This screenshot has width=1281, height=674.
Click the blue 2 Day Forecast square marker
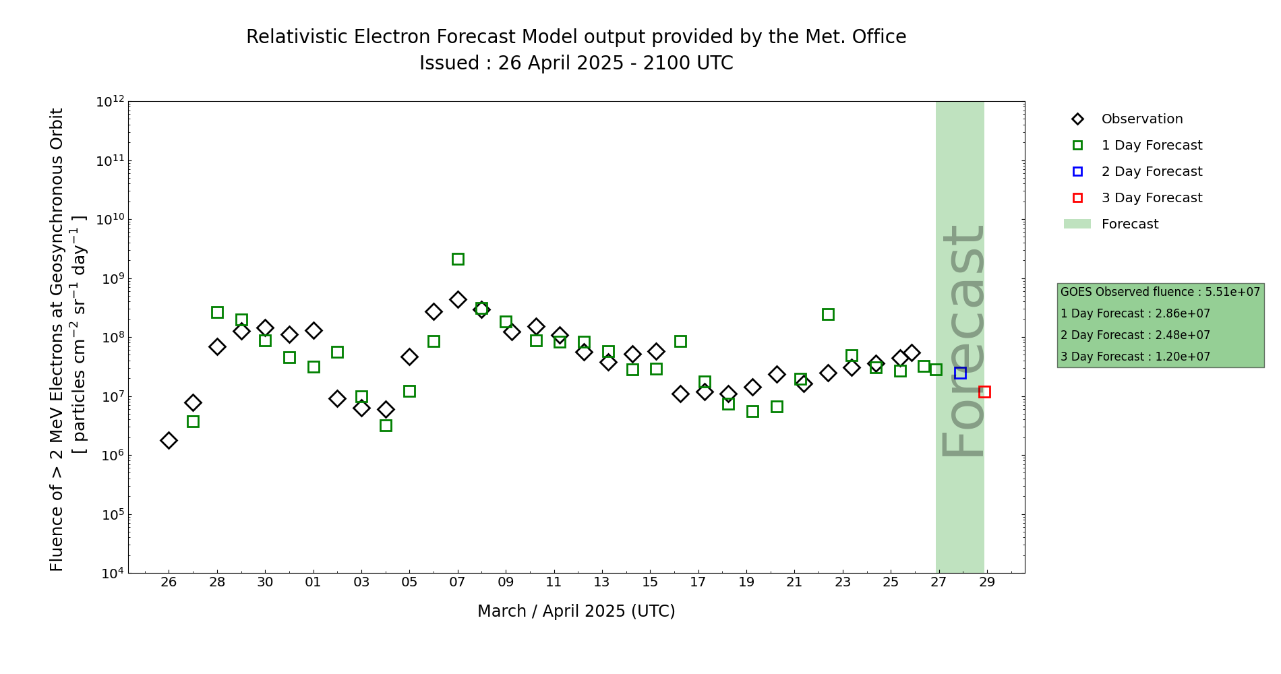pyautogui.click(x=960, y=373)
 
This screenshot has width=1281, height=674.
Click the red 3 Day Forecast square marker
pyautogui.click(x=984, y=392)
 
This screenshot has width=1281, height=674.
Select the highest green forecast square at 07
pyautogui.click(x=458, y=259)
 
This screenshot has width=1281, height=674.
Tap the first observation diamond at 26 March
pyautogui.click(x=169, y=440)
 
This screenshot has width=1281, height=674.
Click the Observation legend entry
pyautogui.click(x=1141, y=119)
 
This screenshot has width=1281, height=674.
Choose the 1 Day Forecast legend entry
pyautogui.click(x=1152, y=146)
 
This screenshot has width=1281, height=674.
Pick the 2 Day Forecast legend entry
pyautogui.click(x=1152, y=172)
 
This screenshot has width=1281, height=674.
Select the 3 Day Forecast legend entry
pyautogui.click(x=1152, y=198)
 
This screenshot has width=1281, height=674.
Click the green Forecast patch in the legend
pyautogui.click(x=1077, y=224)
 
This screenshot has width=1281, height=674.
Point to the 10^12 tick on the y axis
pyautogui.click(x=111, y=102)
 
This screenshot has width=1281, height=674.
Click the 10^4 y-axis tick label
pyautogui.click(x=111, y=573)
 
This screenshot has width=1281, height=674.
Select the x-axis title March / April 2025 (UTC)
pyautogui.click(x=576, y=611)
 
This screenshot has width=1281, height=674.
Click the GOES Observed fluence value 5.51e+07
pyautogui.click(x=1232, y=292)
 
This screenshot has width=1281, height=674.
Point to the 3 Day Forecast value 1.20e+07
pyautogui.click(x=1183, y=357)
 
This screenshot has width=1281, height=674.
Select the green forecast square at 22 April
pyautogui.click(x=828, y=314)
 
